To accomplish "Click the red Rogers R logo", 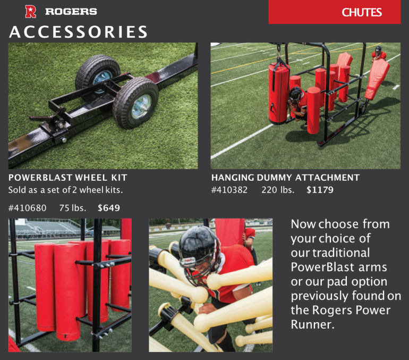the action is [30, 12].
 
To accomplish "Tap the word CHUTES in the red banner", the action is [362, 12].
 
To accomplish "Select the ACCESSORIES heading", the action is [78, 32].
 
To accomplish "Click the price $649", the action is [109, 208].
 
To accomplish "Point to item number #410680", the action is [28, 208].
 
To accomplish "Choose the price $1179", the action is [320, 190].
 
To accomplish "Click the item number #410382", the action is [229, 190].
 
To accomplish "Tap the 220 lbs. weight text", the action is [278, 190].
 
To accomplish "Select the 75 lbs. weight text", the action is [73, 208].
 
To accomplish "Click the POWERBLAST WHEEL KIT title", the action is [68, 178].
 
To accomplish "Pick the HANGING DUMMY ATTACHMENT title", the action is [285, 178].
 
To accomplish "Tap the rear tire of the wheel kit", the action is [97, 73].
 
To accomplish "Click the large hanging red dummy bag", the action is [279, 93].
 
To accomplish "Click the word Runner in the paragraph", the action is [312, 324].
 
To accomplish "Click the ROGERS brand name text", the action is [71, 12].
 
